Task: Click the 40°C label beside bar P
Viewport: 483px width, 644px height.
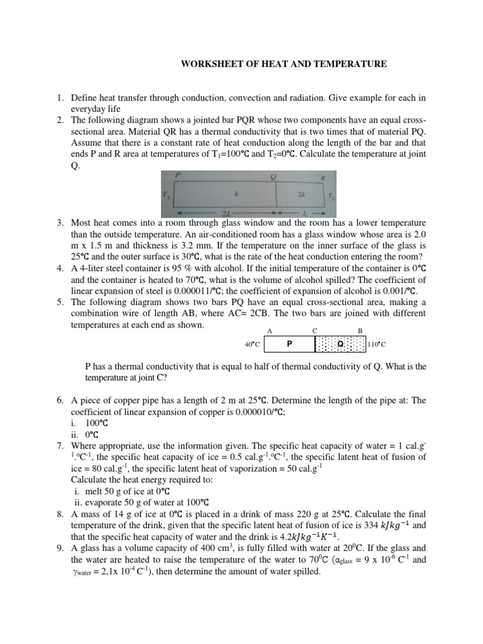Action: click(x=254, y=345)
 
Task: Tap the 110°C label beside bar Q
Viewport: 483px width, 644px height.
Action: click(x=376, y=345)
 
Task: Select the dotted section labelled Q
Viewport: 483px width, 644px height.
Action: click(x=340, y=344)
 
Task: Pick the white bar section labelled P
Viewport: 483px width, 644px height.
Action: click(x=289, y=344)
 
